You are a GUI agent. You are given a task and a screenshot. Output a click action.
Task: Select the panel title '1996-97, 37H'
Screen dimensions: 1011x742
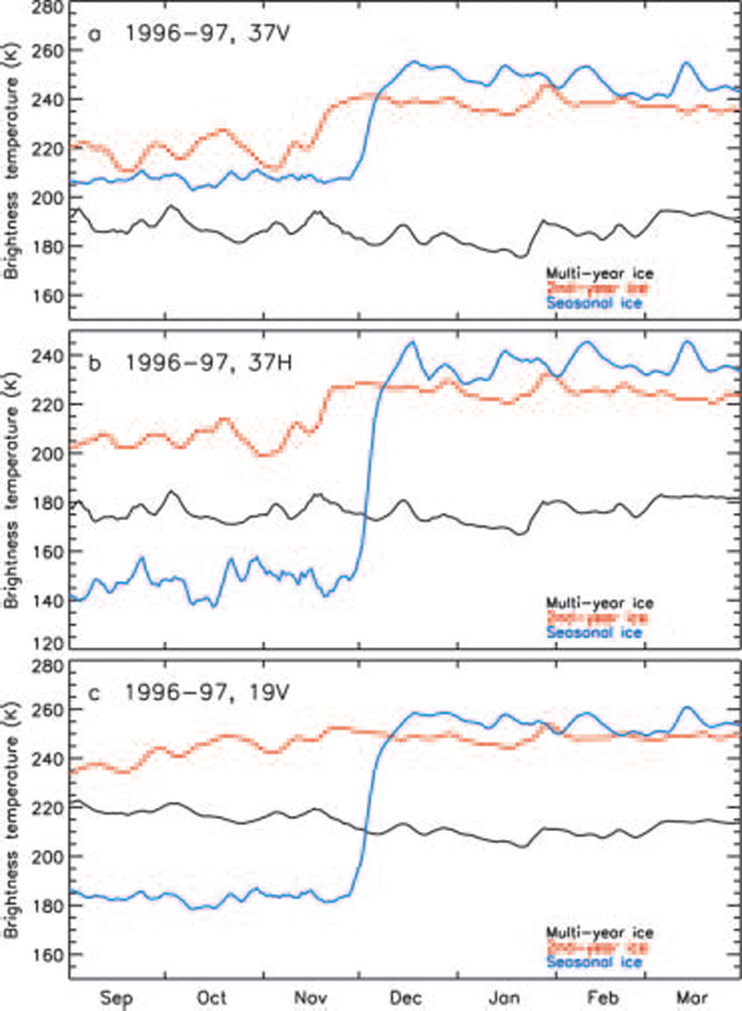pos(208,363)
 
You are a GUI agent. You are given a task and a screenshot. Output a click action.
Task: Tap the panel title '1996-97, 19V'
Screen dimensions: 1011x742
pos(207,692)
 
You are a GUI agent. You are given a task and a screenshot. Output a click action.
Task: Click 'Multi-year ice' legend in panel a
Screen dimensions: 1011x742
pos(600,274)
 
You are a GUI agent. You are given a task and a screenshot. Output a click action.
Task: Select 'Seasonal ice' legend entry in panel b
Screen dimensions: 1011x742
pos(594,632)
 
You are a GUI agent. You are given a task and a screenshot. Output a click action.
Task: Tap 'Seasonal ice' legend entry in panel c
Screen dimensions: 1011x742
pos(594,962)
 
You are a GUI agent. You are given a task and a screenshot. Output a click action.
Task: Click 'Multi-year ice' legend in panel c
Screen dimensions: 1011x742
pos(600,933)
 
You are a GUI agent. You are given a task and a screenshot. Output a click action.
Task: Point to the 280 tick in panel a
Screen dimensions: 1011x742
pos(48,7)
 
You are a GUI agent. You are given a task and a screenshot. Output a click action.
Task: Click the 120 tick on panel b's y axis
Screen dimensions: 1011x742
pos(48,644)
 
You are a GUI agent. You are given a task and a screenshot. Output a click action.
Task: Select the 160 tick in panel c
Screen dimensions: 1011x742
pos(48,955)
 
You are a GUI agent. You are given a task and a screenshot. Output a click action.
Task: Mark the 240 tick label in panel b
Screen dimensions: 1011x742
pos(48,355)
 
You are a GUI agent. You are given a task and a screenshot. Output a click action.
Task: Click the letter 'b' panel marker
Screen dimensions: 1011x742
pos(94,364)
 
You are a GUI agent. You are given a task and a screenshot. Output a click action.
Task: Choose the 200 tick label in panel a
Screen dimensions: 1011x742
pos(48,198)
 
